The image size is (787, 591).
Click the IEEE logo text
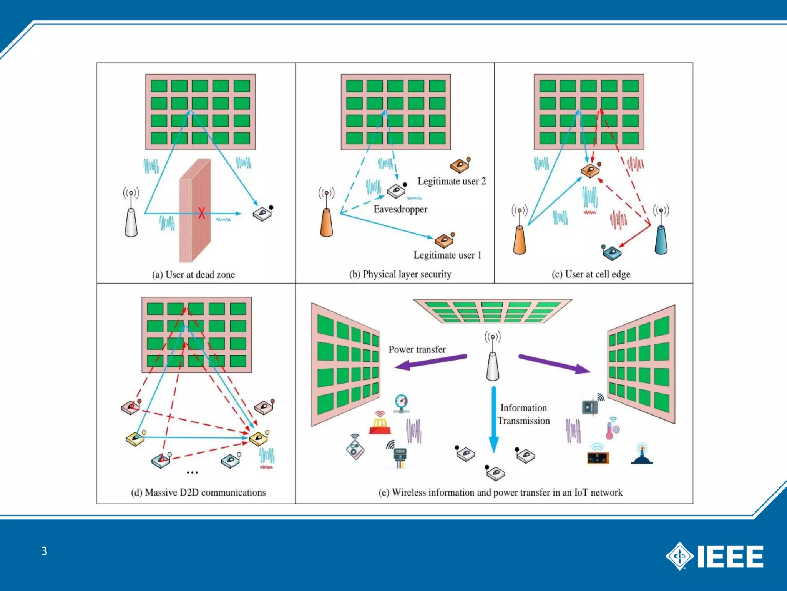pos(729,556)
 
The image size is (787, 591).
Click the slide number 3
pos(44,551)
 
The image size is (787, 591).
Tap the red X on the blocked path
pos(201,213)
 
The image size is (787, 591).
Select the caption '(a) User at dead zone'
pos(193,275)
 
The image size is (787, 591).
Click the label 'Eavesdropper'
pos(400,209)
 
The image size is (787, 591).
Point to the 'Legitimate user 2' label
pos(452,181)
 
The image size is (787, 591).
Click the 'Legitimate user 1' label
pos(447,255)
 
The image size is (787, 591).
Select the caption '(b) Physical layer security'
pos(400,274)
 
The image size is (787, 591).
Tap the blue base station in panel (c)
pos(661,239)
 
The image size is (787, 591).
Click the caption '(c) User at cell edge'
pos(591,274)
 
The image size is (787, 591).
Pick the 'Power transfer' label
pos(417,349)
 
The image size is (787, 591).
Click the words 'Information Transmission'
pos(523,414)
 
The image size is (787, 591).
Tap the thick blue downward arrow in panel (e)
pos(494,419)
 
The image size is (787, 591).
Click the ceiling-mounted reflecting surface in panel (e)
pos(492,311)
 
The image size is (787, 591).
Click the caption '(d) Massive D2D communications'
pos(198,492)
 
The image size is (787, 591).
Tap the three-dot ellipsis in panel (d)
pos(192,472)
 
